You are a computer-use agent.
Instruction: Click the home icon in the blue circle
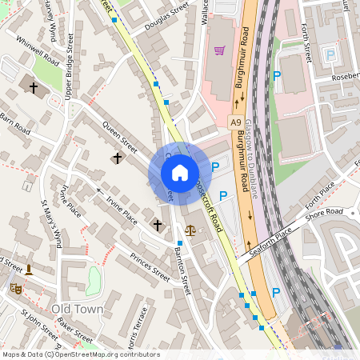pos(179,173)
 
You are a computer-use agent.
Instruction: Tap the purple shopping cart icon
pos(219,50)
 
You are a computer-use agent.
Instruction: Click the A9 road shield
pos(235,122)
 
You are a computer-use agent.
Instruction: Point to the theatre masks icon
pos(14,286)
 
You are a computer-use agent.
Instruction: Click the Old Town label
pos(77,308)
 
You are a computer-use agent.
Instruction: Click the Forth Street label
pos(307,42)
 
